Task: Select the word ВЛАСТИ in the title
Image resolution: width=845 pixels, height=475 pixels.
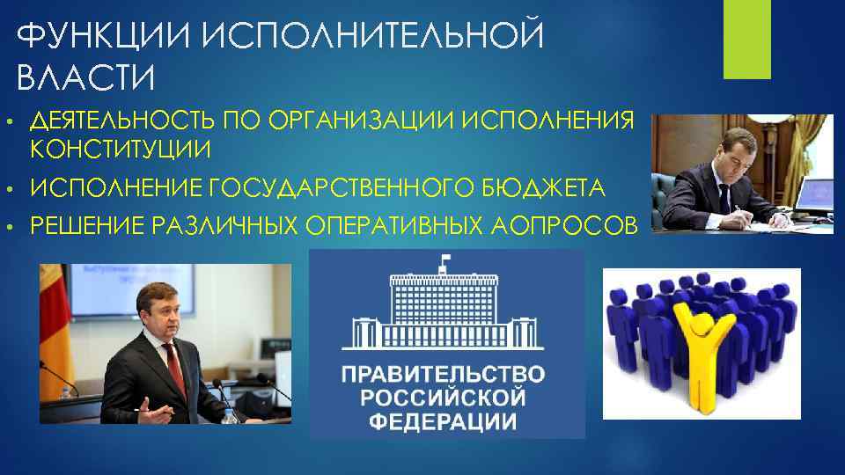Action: pos(85,78)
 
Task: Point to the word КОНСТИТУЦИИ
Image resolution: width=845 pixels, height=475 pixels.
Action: pos(121,150)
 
